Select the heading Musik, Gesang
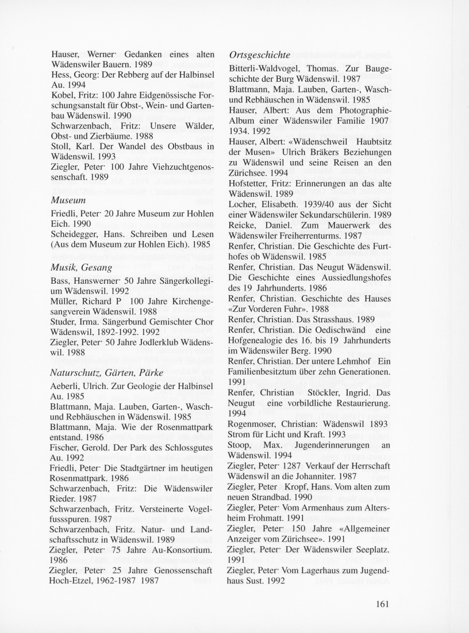81,268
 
